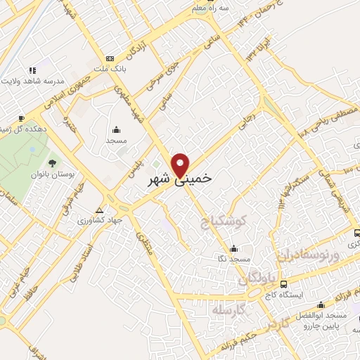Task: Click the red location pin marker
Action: pos(181,164)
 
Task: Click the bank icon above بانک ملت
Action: pos(109,58)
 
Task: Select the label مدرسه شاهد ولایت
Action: pos(33,82)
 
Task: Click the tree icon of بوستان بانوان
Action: pos(53,162)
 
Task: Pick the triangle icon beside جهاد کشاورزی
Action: pos(101,210)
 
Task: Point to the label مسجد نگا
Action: pos(233,259)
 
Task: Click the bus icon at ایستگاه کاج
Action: pos(283,284)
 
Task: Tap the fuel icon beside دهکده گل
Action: pos(22,118)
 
